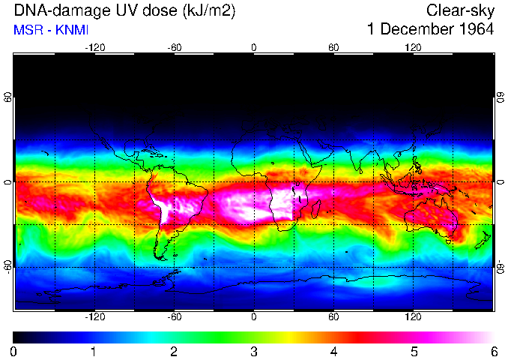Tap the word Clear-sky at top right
click(x=460, y=10)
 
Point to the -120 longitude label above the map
click(x=94, y=47)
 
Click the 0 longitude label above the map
click(x=254, y=47)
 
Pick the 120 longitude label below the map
click(x=413, y=316)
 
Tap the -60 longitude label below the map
click(x=174, y=316)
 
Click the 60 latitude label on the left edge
click(x=8, y=97)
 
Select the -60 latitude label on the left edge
click(x=8, y=266)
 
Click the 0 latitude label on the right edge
click(x=500, y=182)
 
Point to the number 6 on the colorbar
click(x=494, y=351)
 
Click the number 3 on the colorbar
click(x=254, y=351)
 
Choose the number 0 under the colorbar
click(x=14, y=351)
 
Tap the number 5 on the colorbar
click(x=414, y=351)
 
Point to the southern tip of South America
click(x=160, y=257)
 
